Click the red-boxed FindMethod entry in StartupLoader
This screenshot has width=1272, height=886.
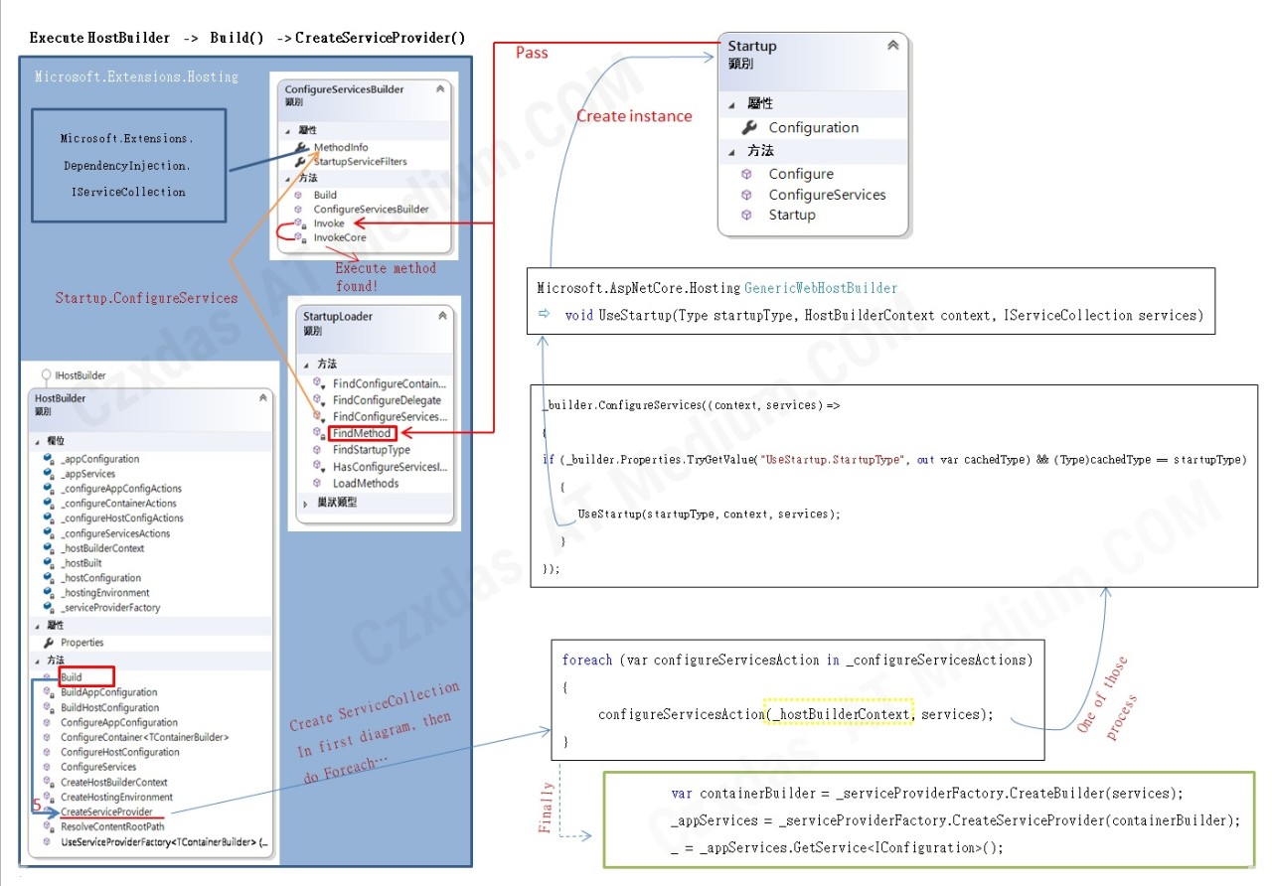pyautogui.click(x=362, y=433)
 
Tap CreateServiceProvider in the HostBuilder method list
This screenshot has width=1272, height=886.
pyautogui.click(x=106, y=812)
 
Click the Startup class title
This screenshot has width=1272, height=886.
pyautogui.click(x=752, y=46)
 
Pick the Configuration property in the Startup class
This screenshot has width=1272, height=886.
pyautogui.click(x=813, y=127)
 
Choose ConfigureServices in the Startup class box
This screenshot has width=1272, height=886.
pyautogui.click(x=827, y=195)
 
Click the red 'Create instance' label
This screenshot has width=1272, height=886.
pyautogui.click(x=634, y=116)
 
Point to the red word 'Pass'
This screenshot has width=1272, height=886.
pyautogui.click(x=532, y=53)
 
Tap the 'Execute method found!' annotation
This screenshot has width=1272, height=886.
pyautogui.click(x=385, y=276)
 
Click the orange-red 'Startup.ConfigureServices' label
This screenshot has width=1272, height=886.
pyautogui.click(x=146, y=298)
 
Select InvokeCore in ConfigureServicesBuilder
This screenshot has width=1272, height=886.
pyautogui.click(x=340, y=237)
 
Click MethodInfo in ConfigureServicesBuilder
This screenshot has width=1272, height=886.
pyautogui.click(x=341, y=147)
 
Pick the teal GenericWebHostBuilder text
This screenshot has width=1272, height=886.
pyautogui.click(x=820, y=288)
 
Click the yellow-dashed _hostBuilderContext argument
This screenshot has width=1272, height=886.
pyautogui.click(x=838, y=714)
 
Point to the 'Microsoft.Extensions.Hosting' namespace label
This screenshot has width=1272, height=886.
pyautogui.click(x=136, y=76)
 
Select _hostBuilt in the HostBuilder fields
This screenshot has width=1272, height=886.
pyautogui.click(x=81, y=563)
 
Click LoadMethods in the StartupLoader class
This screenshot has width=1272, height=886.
pyautogui.click(x=366, y=484)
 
